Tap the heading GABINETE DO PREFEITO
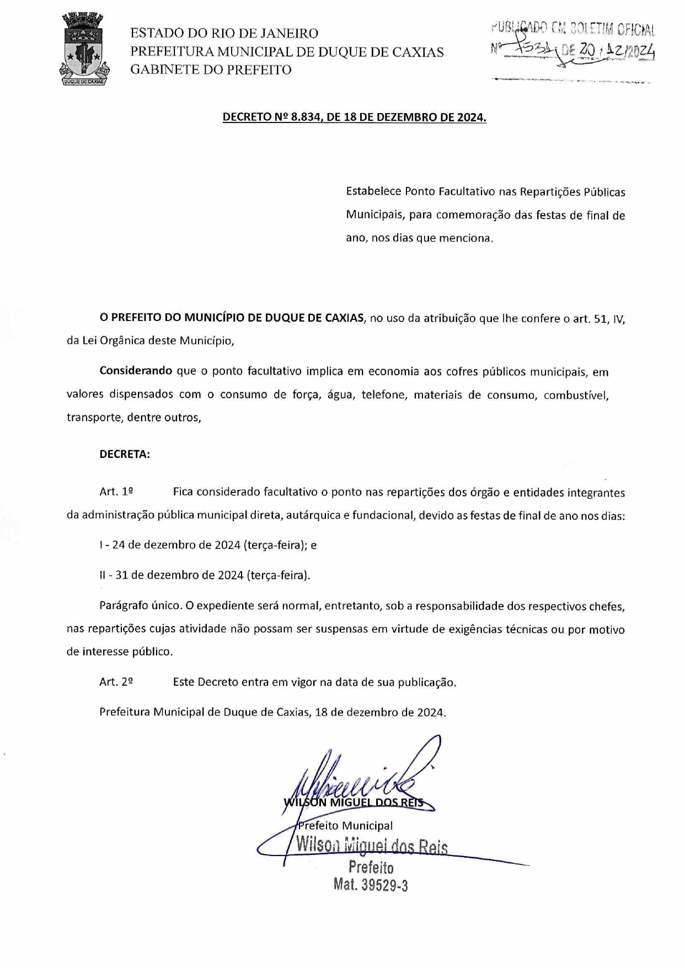click(x=211, y=69)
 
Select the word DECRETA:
click(x=125, y=454)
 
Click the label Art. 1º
click(x=116, y=491)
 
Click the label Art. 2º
click(x=116, y=682)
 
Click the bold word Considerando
click(x=136, y=371)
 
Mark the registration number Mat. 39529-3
click(x=371, y=885)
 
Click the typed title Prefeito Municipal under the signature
click(x=345, y=826)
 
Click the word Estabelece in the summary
click(x=373, y=192)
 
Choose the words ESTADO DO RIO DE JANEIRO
click(x=224, y=33)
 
